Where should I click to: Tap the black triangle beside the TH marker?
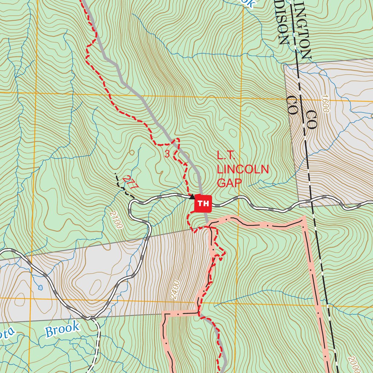point(192,197)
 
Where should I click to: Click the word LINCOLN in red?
point(243,169)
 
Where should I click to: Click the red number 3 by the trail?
point(167,154)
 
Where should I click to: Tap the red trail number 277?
point(131,182)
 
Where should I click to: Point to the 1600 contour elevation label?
point(325,106)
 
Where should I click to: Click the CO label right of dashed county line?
point(311,119)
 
